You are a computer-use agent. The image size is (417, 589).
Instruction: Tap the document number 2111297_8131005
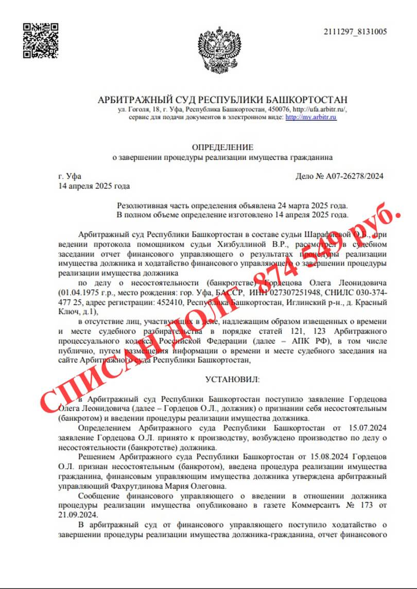[x=355, y=32]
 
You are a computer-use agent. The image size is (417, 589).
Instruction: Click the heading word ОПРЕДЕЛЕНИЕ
[x=222, y=147]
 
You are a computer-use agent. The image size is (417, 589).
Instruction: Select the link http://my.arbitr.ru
[x=310, y=117]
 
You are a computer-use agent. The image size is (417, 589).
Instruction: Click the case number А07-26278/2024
[x=354, y=176]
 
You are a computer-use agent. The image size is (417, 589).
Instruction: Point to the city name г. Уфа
[x=69, y=176]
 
